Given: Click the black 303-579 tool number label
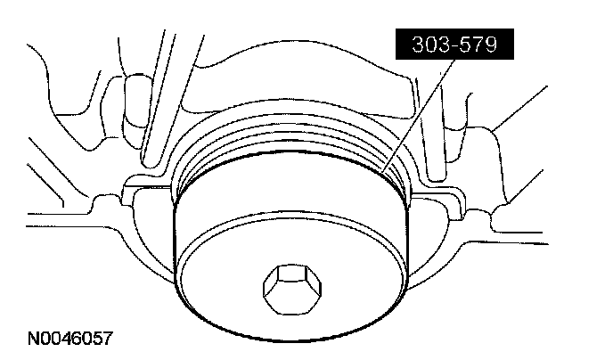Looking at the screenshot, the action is (454, 44).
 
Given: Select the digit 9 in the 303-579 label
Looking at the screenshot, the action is (491, 45).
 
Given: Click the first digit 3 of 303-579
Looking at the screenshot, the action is (419, 45).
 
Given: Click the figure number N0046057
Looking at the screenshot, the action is (70, 338).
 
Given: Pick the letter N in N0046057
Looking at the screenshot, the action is (34, 338).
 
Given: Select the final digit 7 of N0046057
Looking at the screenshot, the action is (108, 338).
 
